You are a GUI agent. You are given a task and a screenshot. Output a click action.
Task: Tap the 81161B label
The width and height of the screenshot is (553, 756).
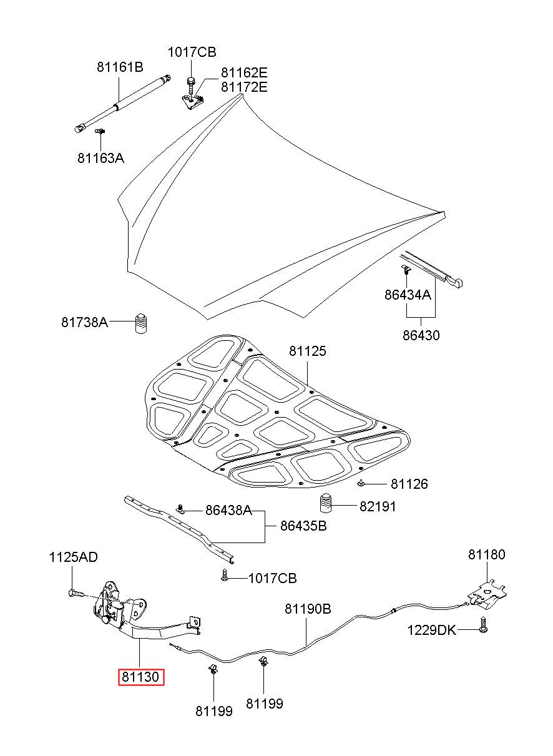pos(120,67)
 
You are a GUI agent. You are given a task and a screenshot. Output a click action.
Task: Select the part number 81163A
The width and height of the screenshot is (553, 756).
pos(101,158)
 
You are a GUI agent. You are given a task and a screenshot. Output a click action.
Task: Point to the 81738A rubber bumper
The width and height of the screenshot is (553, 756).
pos(140,323)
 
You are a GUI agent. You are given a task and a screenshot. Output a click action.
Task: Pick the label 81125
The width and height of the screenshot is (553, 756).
pos(307,351)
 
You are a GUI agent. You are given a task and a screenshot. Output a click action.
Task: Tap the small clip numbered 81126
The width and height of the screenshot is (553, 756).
pos(361,484)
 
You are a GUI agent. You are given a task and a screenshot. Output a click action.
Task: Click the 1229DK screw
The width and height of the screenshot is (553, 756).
pos(483,624)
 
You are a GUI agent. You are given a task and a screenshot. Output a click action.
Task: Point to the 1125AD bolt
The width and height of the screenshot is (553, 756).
pos(77,592)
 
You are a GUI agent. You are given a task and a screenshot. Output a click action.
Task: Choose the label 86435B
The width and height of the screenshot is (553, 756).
pos(303,526)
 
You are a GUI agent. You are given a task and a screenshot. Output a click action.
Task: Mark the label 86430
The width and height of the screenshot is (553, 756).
pos(421,335)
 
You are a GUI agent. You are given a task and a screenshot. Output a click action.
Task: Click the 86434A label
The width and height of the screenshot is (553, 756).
pos(408,295)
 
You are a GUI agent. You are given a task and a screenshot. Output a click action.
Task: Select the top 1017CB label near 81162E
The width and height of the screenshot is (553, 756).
pos(192,52)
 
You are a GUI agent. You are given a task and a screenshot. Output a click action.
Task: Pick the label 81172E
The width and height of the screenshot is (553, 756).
pos(244,87)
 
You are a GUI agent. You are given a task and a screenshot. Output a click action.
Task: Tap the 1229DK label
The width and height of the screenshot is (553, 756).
pos(431,630)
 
